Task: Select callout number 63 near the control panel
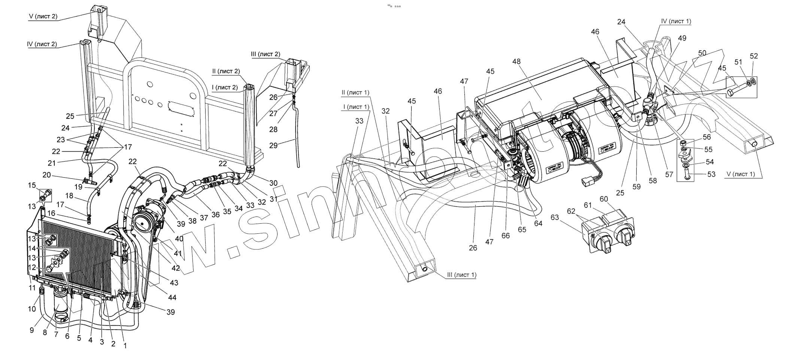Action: click(555, 217)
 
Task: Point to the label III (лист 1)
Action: click(461, 275)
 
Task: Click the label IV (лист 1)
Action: click(676, 21)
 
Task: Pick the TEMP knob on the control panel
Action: click(624, 237)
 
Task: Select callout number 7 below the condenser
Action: click(56, 334)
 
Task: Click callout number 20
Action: click(46, 175)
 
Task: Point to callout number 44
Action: click(172, 298)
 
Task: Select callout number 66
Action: click(506, 235)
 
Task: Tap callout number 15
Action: click(32, 185)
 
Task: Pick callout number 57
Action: click(669, 175)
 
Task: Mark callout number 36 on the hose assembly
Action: click(215, 215)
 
